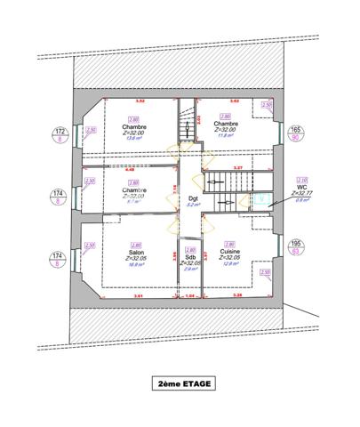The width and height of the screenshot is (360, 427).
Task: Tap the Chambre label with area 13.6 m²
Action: tap(134, 126)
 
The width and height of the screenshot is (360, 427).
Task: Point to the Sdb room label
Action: tap(189, 256)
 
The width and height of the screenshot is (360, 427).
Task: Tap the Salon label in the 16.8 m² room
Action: tap(135, 252)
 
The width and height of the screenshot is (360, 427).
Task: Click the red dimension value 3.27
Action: tap(237, 167)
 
